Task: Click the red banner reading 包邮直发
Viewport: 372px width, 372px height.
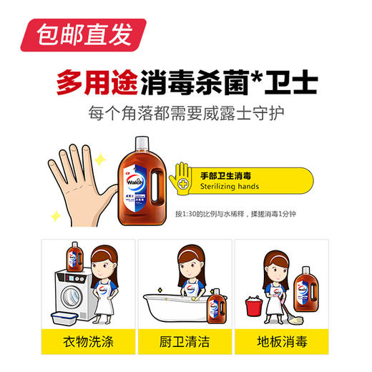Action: click(x=79, y=33)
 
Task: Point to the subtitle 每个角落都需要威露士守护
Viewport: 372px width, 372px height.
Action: click(x=186, y=113)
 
